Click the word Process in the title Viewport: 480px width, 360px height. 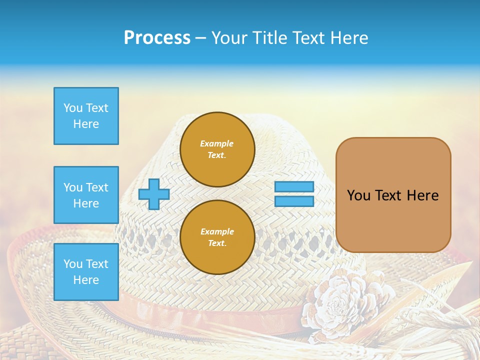point(157,38)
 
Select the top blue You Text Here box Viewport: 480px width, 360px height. point(86,116)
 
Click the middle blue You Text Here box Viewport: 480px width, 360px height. point(86,195)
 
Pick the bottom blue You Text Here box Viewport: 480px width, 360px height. point(86,272)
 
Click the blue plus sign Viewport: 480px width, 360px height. point(154,194)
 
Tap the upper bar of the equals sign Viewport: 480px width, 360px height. point(294,187)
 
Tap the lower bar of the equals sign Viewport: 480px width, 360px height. point(294,201)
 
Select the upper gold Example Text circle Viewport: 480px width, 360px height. point(217,149)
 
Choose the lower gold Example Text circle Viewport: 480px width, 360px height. point(217,237)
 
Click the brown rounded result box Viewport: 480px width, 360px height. point(393,195)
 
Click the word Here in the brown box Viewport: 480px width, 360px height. point(422,195)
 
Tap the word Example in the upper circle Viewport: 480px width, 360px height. point(216,143)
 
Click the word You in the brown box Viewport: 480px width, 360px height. point(358,195)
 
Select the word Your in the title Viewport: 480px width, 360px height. point(227,38)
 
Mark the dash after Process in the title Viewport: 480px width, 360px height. point(200,38)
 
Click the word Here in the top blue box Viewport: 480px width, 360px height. point(86,124)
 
